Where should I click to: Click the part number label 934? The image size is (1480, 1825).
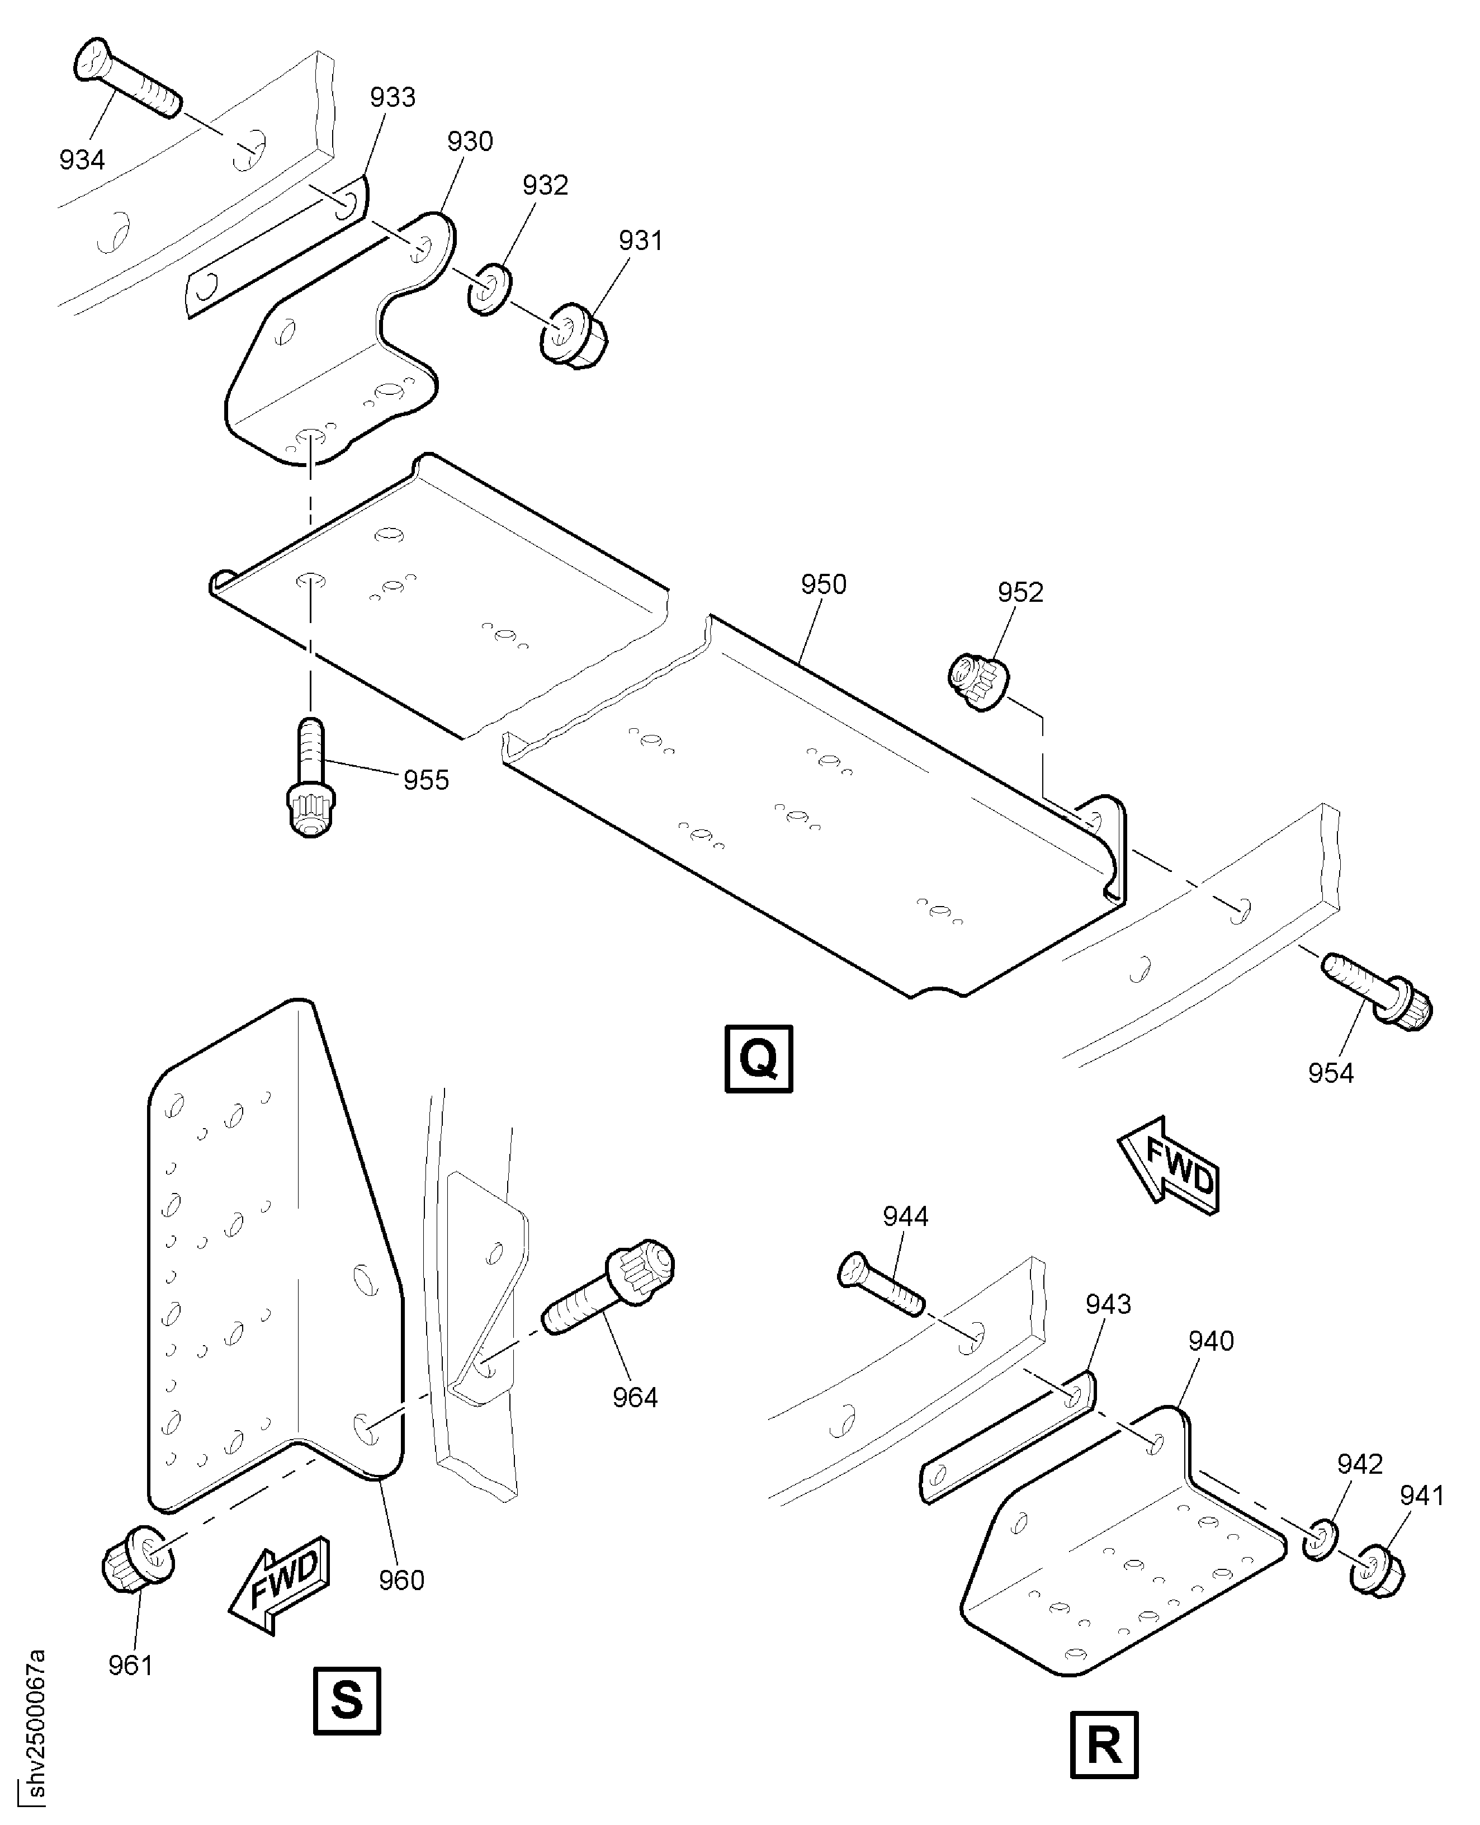[82, 159]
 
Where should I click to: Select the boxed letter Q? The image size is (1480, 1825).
[758, 1058]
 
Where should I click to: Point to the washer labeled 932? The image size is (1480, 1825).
[489, 289]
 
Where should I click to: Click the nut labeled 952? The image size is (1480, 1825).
[978, 680]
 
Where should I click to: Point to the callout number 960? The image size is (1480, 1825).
[401, 1579]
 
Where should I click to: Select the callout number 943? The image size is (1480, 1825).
[1108, 1304]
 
